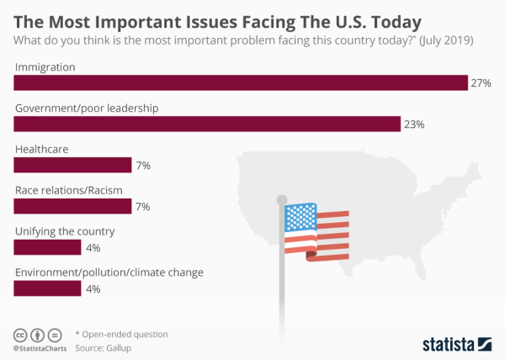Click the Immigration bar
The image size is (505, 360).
240,82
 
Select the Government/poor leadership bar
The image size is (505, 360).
206,124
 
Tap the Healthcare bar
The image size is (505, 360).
72,165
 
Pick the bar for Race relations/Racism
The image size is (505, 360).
72,206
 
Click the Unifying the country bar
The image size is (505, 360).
47,247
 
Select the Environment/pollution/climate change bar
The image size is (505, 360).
47,289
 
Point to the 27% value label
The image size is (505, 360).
481,83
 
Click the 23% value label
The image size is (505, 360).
413,124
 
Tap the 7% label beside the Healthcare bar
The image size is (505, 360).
143,166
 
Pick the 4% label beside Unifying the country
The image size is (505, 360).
93,248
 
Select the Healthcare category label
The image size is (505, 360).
42,148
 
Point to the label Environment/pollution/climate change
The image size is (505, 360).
109,272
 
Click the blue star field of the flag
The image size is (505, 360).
300,218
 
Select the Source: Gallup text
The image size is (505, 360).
105,347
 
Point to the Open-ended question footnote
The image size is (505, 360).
122,334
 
